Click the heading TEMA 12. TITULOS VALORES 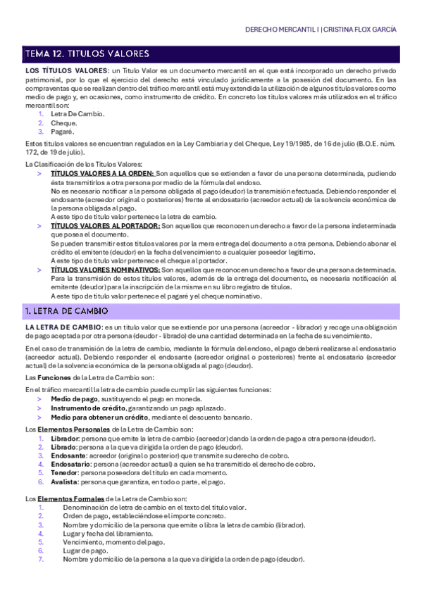[x=87, y=54]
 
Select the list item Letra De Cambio [x=77, y=113]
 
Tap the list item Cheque [x=64, y=122]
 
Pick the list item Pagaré [x=63, y=131]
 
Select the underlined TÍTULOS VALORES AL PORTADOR [x=106, y=226]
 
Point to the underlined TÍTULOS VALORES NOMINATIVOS [x=105, y=270]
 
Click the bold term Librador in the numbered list [x=65, y=438]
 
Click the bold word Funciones [x=56, y=378]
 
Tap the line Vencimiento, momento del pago [x=113, y=542]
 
